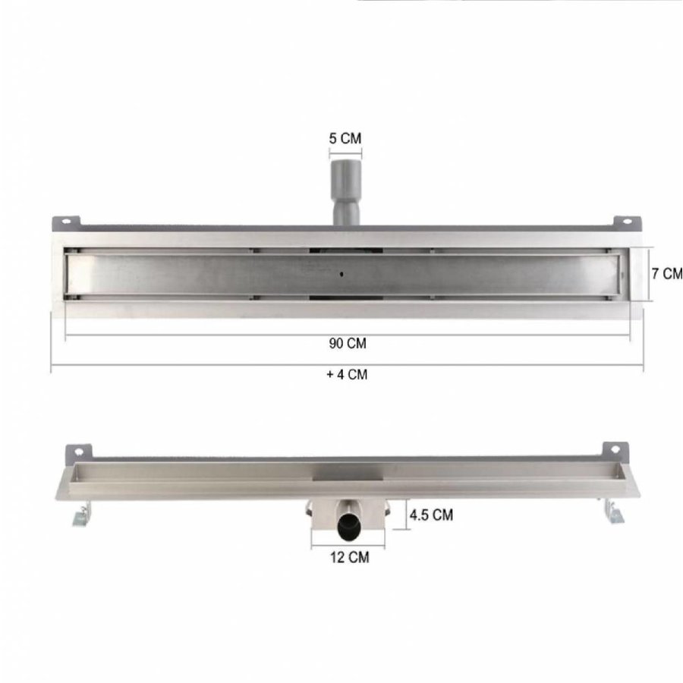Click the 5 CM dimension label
(x=345, y=138)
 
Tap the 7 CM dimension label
(x=668, y=273)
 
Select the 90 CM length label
(x=348, y=343)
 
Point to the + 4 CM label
(x=348, y=374)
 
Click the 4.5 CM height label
(x=431, y=515)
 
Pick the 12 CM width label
(x=349, y=558)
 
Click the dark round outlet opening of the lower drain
(x=348, y=523)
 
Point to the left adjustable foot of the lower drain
(x=80, y=516)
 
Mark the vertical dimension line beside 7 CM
(x=650, y=274)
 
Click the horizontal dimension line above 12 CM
(x=348, y=546)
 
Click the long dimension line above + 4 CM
(x=348, y=365)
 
